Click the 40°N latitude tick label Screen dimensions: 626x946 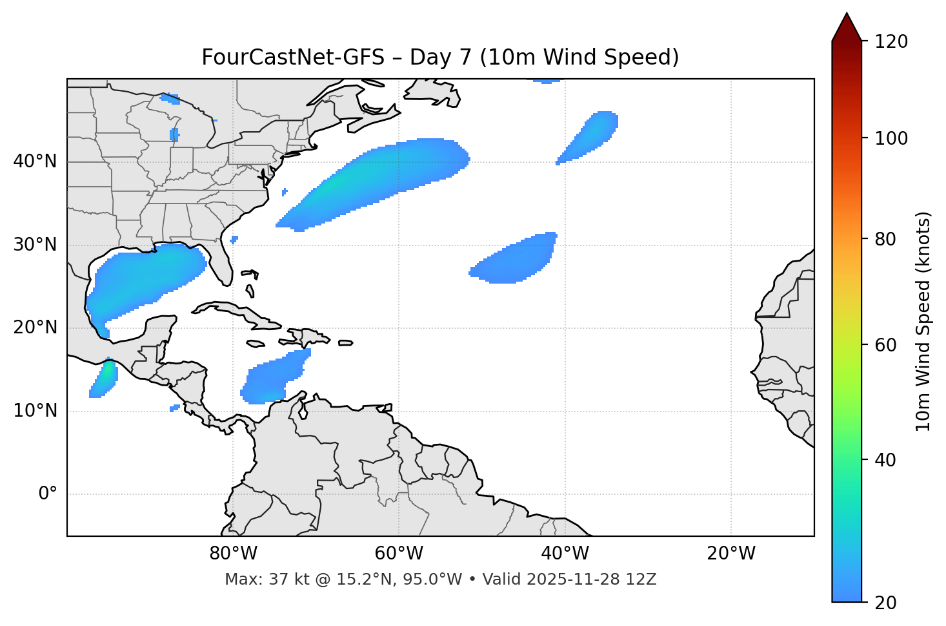[x=35, y=162]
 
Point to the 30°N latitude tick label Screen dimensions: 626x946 [x=35, y=245]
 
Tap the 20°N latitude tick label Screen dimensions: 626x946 [x=35, y=328]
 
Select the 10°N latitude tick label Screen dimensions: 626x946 [x=35, y=411]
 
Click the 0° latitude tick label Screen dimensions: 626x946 [x=48, y=494]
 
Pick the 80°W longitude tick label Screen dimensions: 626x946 [x=233, y=554]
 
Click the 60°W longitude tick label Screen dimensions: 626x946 [x=399, y=554]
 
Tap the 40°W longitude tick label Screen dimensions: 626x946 [x=565, y=554]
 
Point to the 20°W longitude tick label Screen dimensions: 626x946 [x=730, y=554]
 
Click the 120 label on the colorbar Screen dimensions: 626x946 [x=891, y=42]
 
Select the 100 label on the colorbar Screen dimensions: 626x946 [x=891, y=138]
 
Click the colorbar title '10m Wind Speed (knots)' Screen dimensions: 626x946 [x=923, y=321]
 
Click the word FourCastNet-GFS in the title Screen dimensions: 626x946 [x=292, y=57]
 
